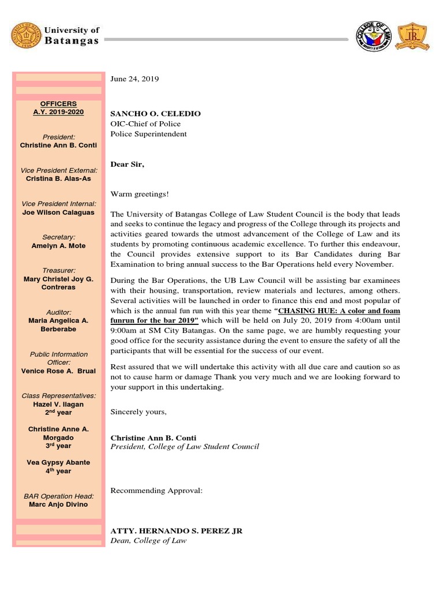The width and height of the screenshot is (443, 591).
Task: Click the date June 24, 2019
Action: tap(134, 78)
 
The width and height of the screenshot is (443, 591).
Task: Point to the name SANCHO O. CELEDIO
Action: tap(156, 114)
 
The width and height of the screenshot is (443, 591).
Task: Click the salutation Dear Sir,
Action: tap(127, 164)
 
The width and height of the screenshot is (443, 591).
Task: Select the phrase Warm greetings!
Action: tap(140, 194)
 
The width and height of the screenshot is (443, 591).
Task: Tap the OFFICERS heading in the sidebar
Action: tap(58, 104)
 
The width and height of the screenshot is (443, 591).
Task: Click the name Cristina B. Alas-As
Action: tap(58, 179)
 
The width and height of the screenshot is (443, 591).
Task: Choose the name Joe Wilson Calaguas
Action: tap(58, 212)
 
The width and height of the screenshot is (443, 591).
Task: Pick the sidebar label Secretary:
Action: tap(58, 237)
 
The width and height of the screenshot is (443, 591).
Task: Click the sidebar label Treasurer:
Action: tap(58, 271)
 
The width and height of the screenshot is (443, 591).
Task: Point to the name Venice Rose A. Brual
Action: tap(58, 371)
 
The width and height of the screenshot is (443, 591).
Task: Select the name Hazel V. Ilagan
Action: tap(58, 405)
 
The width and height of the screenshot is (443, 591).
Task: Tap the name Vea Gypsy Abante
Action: tap(58, 463)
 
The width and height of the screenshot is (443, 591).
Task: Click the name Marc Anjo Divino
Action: tap(58, 504)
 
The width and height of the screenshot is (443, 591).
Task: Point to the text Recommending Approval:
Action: tap(156, 491)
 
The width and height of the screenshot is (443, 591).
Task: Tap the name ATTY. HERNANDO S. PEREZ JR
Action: tap(177, 531)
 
